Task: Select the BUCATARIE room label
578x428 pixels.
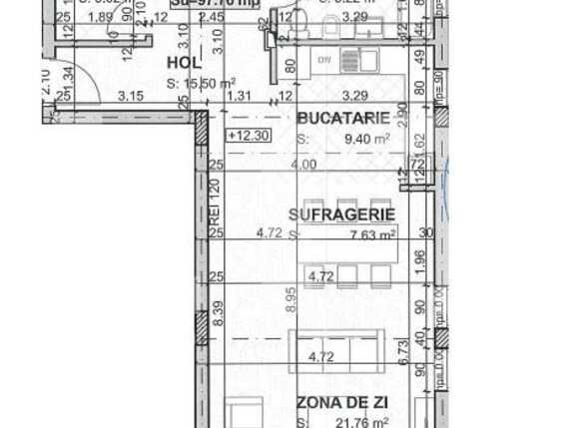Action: point(344,118)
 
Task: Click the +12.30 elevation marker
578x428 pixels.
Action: point(247,136)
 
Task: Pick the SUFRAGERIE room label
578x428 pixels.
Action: point(341,214)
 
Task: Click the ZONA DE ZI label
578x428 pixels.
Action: point(342,403)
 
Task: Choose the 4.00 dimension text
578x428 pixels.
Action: point(304,165)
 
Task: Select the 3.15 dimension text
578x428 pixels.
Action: point(130,97)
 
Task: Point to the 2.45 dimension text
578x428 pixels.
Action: point(238,17)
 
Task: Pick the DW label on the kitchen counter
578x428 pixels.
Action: point(323,59)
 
